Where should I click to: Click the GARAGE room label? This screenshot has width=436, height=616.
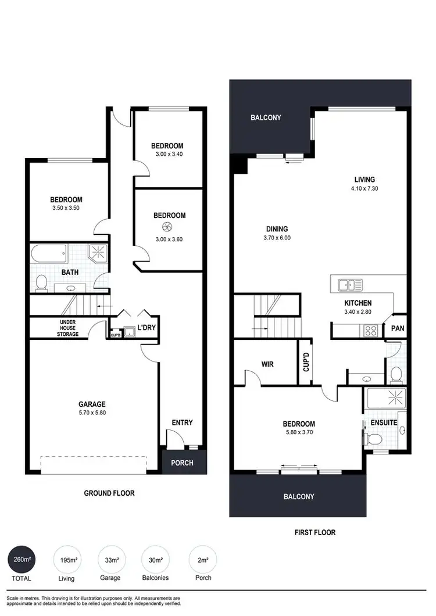[92, 404]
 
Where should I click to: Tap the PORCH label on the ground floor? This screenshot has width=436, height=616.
[182, 463]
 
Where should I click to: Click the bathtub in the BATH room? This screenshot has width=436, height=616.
[49, 254]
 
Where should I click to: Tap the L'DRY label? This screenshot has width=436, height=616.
[146, 327]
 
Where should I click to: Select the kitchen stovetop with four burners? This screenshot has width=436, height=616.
[370, 331]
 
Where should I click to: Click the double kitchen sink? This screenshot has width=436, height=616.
[351, 285]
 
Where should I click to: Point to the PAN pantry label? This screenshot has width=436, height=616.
[398, 328]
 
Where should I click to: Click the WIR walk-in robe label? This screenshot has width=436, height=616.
[267, 364]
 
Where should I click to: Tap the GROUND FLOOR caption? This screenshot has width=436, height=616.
[109, 493]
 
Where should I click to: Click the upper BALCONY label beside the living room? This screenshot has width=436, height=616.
[266, 118]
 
